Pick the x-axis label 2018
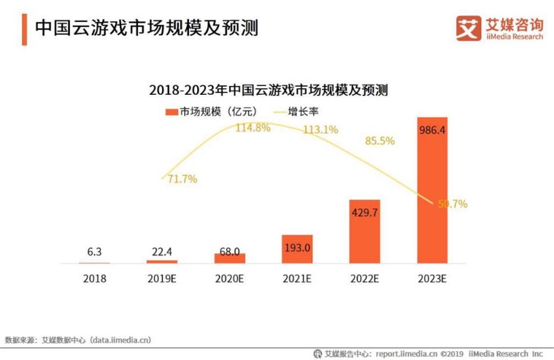tap(94, 279)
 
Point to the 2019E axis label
tap(161, 279)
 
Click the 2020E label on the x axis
tap(229, 279)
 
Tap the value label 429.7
tap(365, 212)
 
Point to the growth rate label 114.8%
tap(253, 127)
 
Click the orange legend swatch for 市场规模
tap(171, 112)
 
